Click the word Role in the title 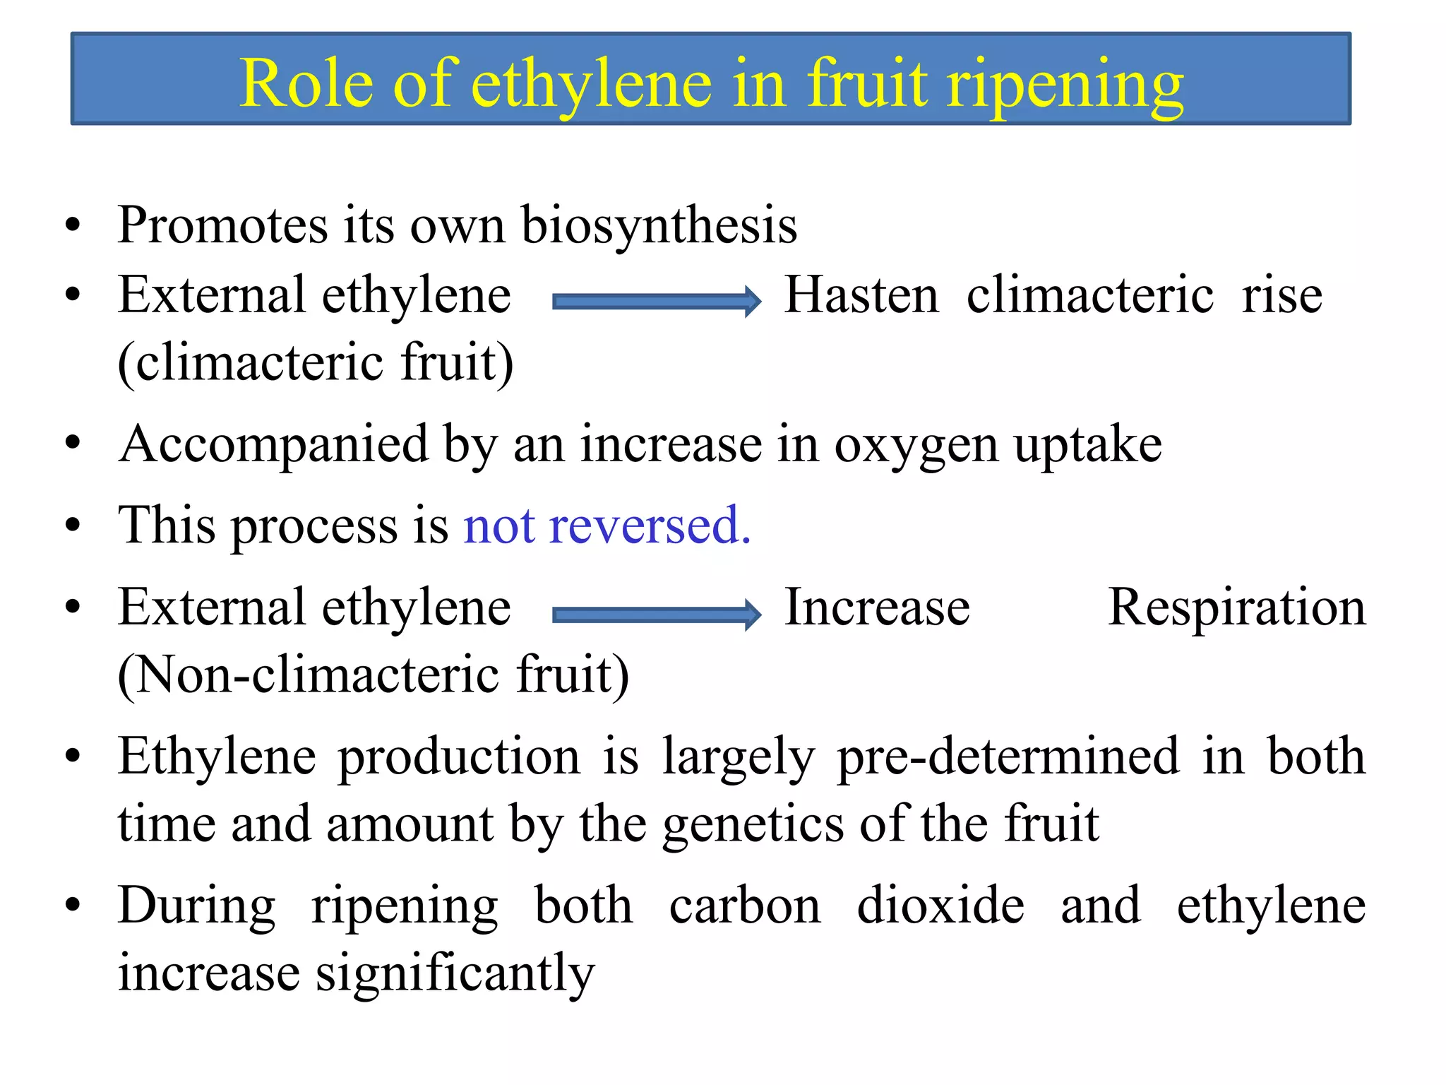pyautogui.click(x=306, y=84)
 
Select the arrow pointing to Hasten pyautogui.click(x=657, y=302)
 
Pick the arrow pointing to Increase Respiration pyautogui.click(x=657, y=615)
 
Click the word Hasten pyautogui.click(x=861, y=295)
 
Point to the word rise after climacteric pyautogui.click(x=1282, y=295)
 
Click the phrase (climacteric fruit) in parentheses pyautogui.click(x=316, y=362)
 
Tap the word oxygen pyautogui.click(x=916, y=446)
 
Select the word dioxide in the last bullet pyautogui.click(x=940, y=906)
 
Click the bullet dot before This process pyautogui.click(x=73, y=526)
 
